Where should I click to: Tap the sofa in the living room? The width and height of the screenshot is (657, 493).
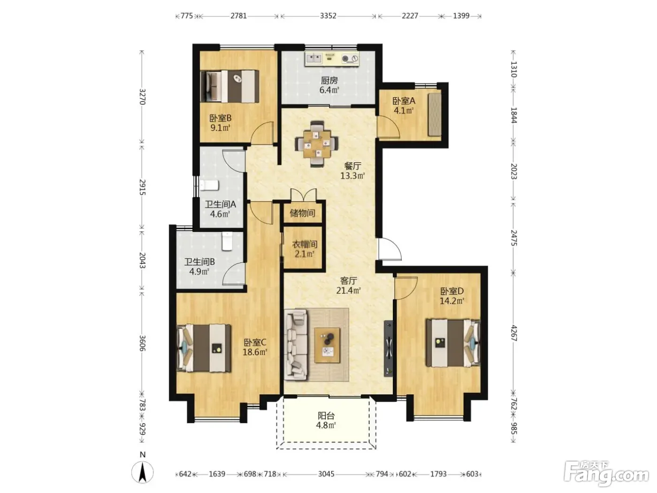point(296,345)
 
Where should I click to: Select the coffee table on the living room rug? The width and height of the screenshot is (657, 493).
point(327,345)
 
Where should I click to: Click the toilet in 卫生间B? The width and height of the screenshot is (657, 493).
point(227,241)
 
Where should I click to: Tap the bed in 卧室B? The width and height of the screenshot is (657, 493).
point(229,86)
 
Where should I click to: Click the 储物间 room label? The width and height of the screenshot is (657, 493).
point(302,213)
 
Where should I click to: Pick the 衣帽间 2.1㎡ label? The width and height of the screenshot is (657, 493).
point(305,249)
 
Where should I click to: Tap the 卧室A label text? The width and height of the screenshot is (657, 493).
point(404,101)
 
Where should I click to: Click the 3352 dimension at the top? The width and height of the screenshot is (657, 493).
point(328,16)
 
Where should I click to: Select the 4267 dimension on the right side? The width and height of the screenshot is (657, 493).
point(513,333)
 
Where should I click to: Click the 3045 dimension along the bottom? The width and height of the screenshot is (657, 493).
point(326,474)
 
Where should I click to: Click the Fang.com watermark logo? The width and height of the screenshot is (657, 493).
point(606,474)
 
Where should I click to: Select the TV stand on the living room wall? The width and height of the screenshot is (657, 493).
point(389,348)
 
